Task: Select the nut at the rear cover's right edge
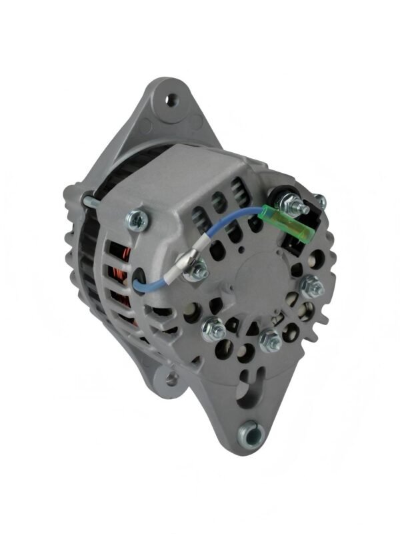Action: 311,288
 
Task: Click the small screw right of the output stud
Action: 320,200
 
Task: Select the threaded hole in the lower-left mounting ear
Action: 172,379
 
